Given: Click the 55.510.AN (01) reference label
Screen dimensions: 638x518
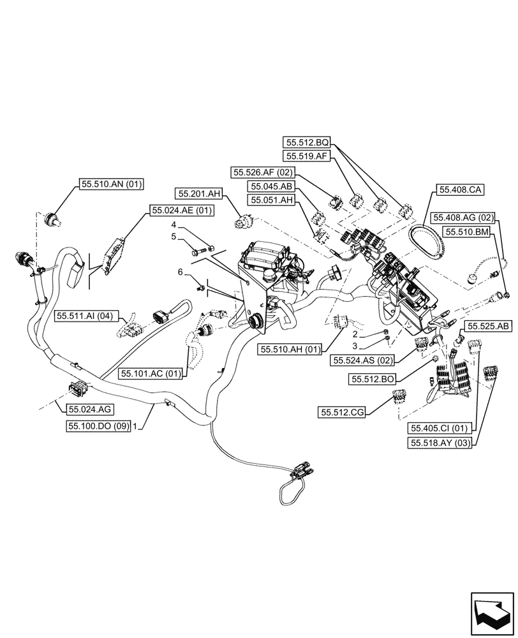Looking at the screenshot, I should [112, 184].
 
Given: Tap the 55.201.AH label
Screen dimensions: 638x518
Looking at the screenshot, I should [199, 193].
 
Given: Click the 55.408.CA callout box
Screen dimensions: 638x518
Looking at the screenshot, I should [460, 189].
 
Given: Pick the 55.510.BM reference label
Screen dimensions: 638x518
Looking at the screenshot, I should [468, 233].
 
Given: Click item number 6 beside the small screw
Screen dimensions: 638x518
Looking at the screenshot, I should [181, 272].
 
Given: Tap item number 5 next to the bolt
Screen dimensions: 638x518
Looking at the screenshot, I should [173, 237].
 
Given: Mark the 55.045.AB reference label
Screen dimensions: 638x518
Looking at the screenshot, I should [271, 187].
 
